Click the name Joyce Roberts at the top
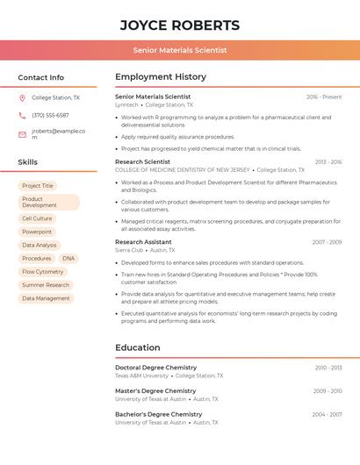click(179, 25)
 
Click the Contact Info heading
click(40, 77)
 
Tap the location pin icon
click(22, 98)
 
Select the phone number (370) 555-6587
click(50, 115)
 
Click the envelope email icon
click(22, 134)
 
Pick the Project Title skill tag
click(38, 186)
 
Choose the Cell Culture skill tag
click(37, 218)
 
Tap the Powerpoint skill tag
click(37, 232)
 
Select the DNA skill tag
click(68, 259)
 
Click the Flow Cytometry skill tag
click(43, 272)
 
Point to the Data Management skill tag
click(46, 298)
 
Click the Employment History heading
click(160, 77)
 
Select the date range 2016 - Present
click(324, 97)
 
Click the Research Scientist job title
click(142, 161)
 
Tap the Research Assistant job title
click(143, 241)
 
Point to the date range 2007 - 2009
click(327, 242)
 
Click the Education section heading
click(137, 347)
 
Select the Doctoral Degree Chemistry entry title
click(155, 368)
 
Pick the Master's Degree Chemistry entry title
click(155, 390)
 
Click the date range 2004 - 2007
click(327, 414)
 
